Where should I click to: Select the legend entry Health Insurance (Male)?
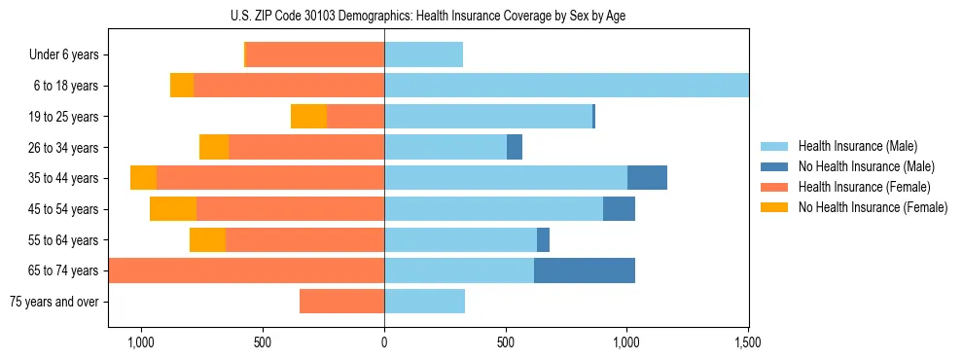(x=857, y=146)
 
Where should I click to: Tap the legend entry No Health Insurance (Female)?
(x=873, y=207)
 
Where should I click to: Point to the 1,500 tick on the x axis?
(x=747, y=343)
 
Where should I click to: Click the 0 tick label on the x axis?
(x=384, y=343)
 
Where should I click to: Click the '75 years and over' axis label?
(x=54, y=302)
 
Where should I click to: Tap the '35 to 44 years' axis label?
(x=65, y=178)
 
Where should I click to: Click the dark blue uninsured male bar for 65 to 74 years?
(x=584, y=270)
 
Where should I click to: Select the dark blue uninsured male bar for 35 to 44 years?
(x=647, y=178)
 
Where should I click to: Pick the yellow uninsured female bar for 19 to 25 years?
(x=308, y=117)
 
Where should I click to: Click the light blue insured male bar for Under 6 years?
(x=423, y=55)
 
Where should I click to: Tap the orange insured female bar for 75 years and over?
(x=341, y=302)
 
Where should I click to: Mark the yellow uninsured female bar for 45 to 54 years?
(x=173, y=209)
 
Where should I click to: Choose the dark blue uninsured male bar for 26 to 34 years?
(x=515, y=147)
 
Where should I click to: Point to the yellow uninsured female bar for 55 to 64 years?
(x=207, y=239)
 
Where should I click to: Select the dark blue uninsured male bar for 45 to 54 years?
(x=619, y=209)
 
